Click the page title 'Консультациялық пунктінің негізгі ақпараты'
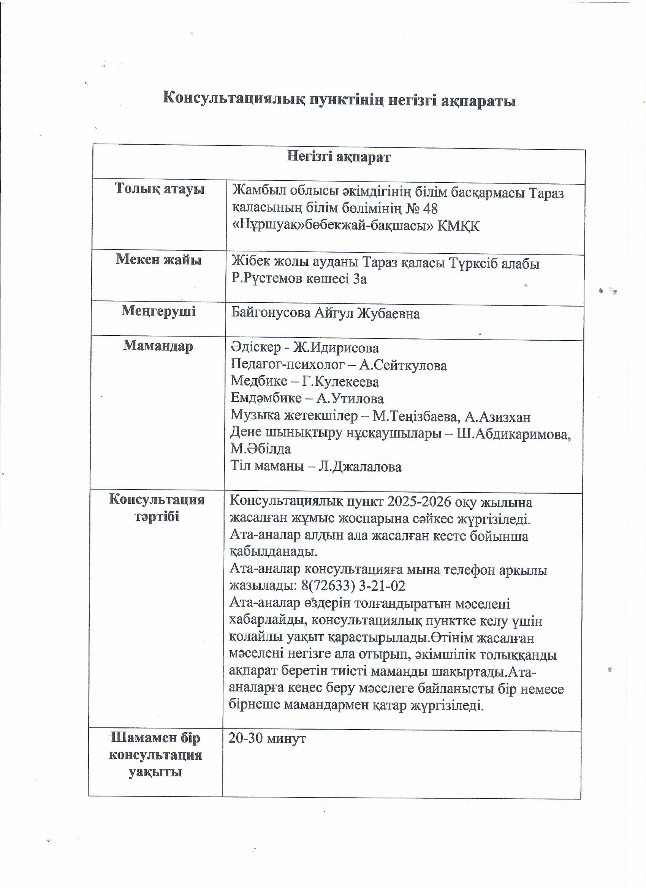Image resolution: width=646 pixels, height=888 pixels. (339, 100)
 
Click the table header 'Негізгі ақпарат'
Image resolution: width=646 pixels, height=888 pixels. (339, 156)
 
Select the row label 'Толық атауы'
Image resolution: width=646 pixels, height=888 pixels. (160, 189)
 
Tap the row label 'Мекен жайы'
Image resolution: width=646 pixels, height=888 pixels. (159, 259)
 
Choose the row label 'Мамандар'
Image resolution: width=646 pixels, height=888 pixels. (158, 346)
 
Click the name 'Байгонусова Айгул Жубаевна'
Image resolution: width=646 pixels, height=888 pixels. (326, 313)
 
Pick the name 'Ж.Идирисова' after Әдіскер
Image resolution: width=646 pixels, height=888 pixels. (336, 348)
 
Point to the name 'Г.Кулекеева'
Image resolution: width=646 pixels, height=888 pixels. (340, 381)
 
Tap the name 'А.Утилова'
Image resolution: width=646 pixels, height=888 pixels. (350, 398)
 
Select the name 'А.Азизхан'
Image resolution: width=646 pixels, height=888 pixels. (497, 417)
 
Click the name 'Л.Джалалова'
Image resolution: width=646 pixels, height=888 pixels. (359, 467)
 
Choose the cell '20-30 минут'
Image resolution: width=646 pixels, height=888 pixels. (267, 738)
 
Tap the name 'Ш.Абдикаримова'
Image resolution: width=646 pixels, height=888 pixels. (513, 434)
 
